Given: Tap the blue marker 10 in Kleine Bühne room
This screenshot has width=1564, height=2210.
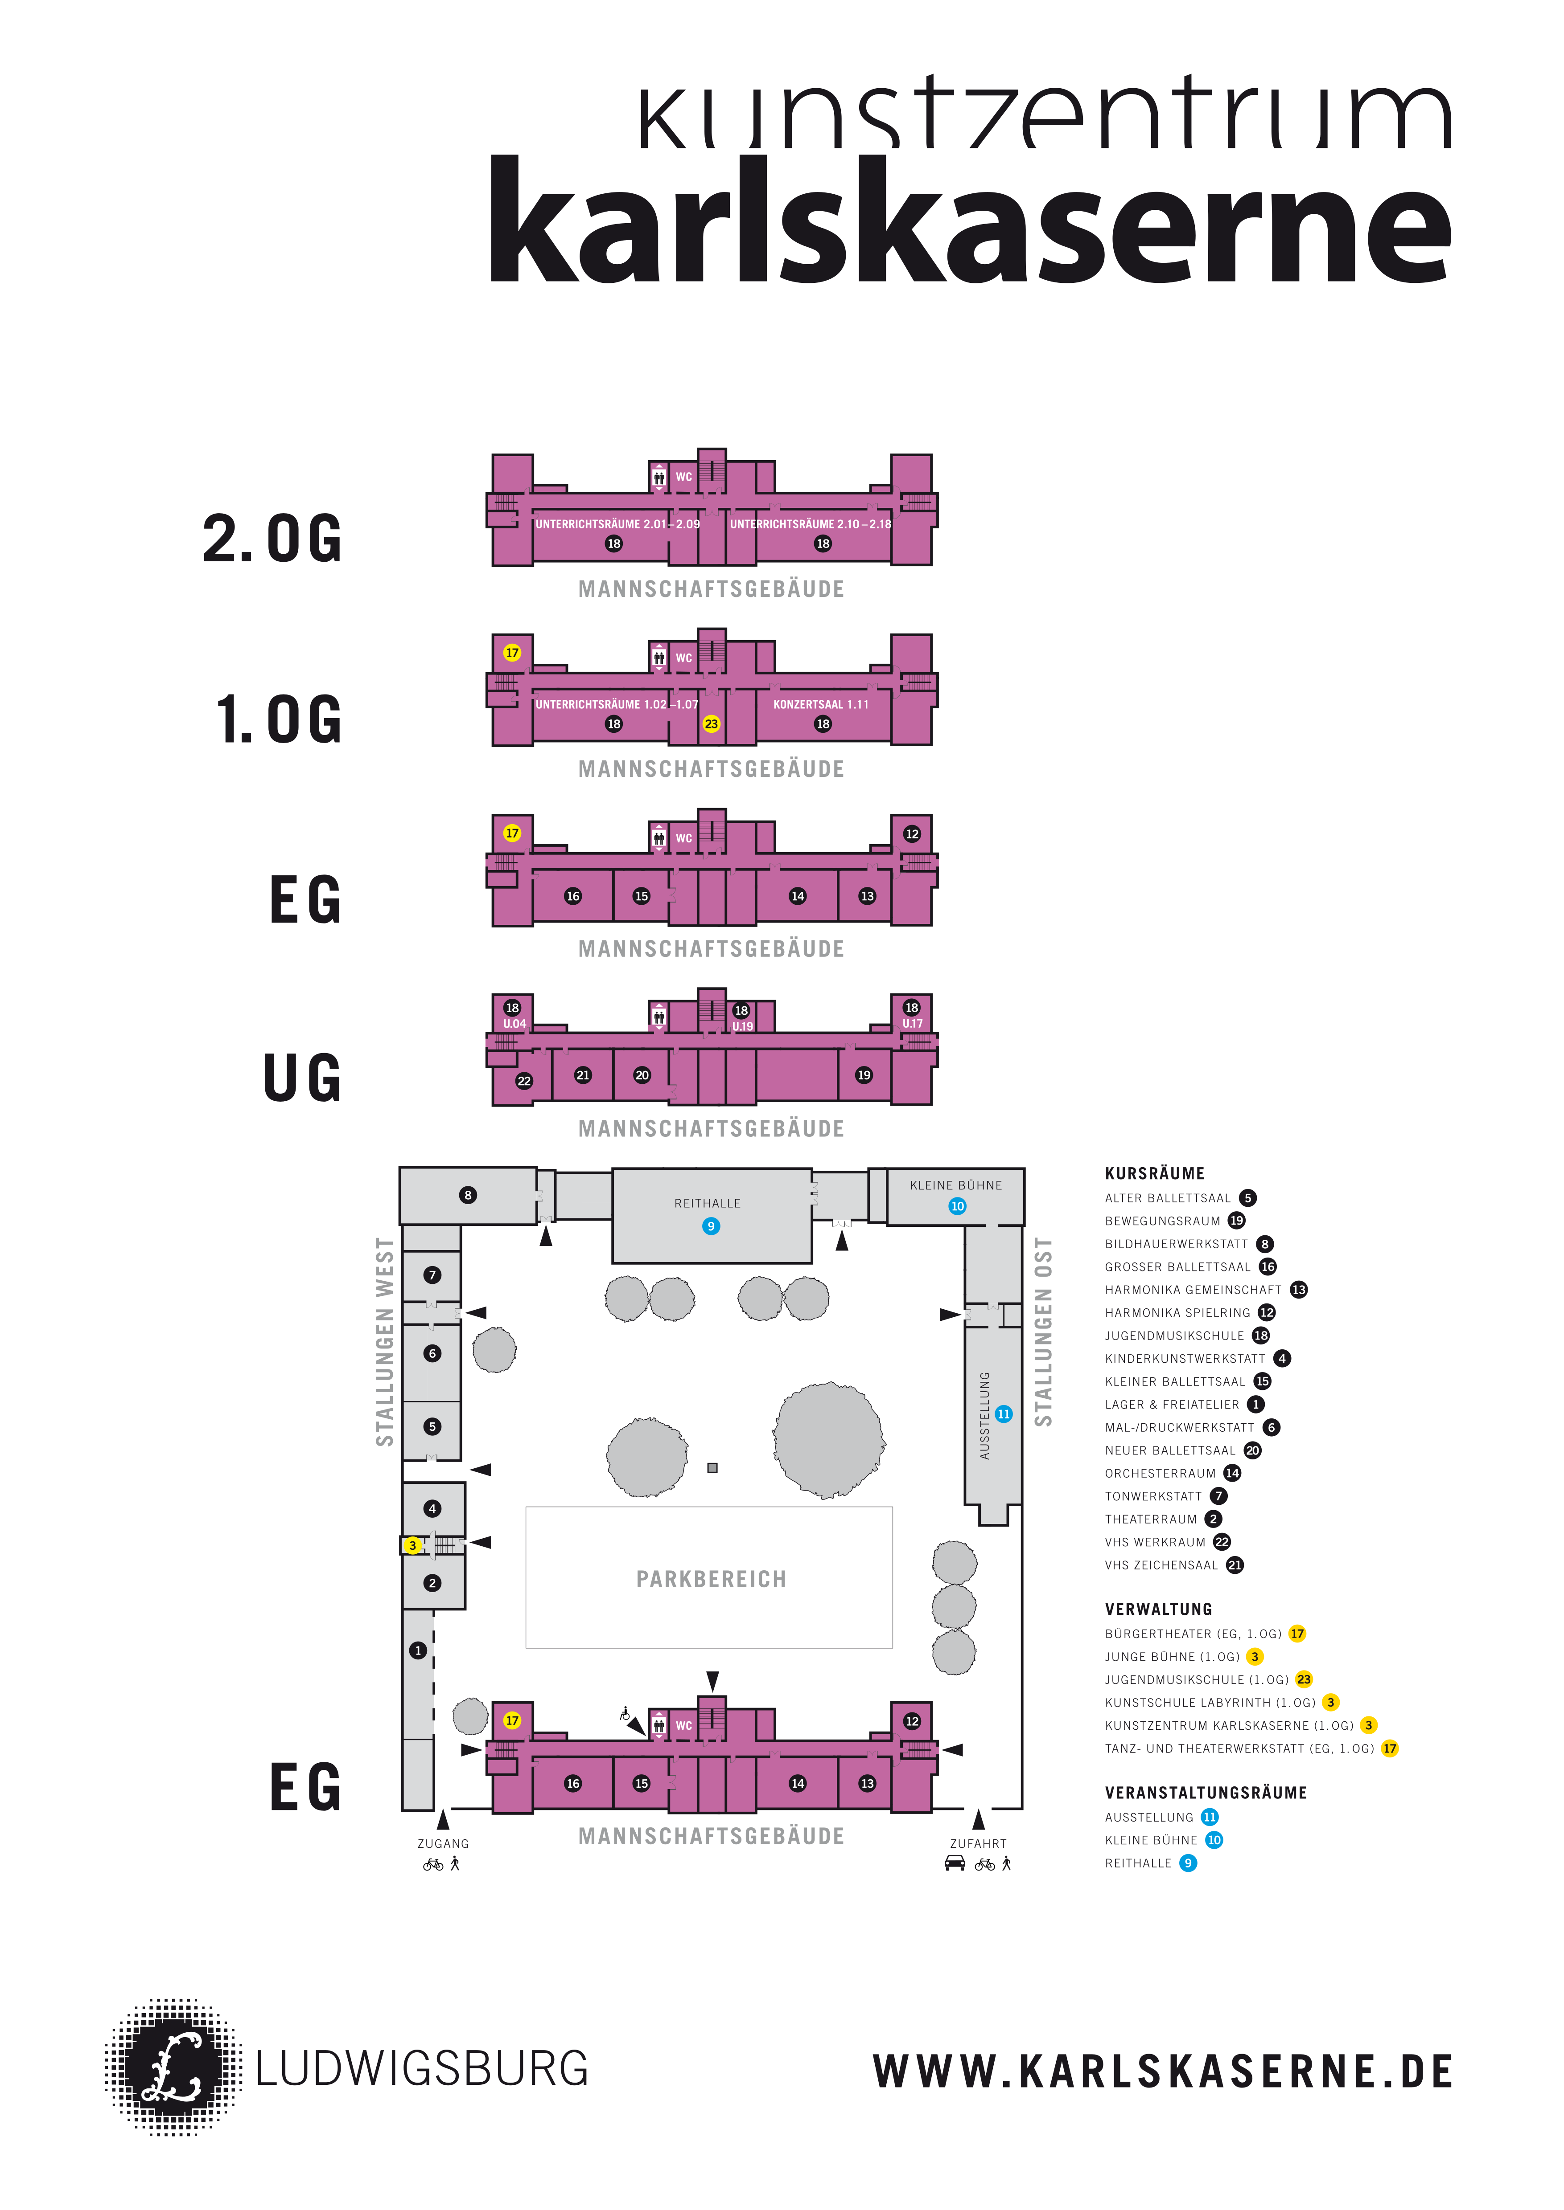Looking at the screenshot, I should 957,1206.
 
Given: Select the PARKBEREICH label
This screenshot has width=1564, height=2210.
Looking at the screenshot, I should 711,1580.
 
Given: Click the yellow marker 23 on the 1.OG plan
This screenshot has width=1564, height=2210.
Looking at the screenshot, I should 711,724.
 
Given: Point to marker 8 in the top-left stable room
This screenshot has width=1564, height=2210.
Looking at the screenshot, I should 468,1196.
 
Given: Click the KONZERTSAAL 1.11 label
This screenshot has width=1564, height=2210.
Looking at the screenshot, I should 820,705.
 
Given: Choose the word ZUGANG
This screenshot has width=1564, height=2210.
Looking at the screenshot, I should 443,1843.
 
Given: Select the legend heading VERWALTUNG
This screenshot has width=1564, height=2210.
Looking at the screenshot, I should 1159,1610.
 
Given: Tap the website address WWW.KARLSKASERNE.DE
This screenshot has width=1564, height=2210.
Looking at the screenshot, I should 1162,2071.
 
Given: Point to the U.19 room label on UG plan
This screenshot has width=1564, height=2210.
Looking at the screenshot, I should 742,1026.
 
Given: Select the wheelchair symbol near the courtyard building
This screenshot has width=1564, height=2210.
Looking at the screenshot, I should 625,1713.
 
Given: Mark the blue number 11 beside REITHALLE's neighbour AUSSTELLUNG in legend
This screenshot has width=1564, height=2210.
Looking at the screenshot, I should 1210,1817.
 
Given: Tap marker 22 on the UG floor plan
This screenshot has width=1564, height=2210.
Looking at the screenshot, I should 524,1081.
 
